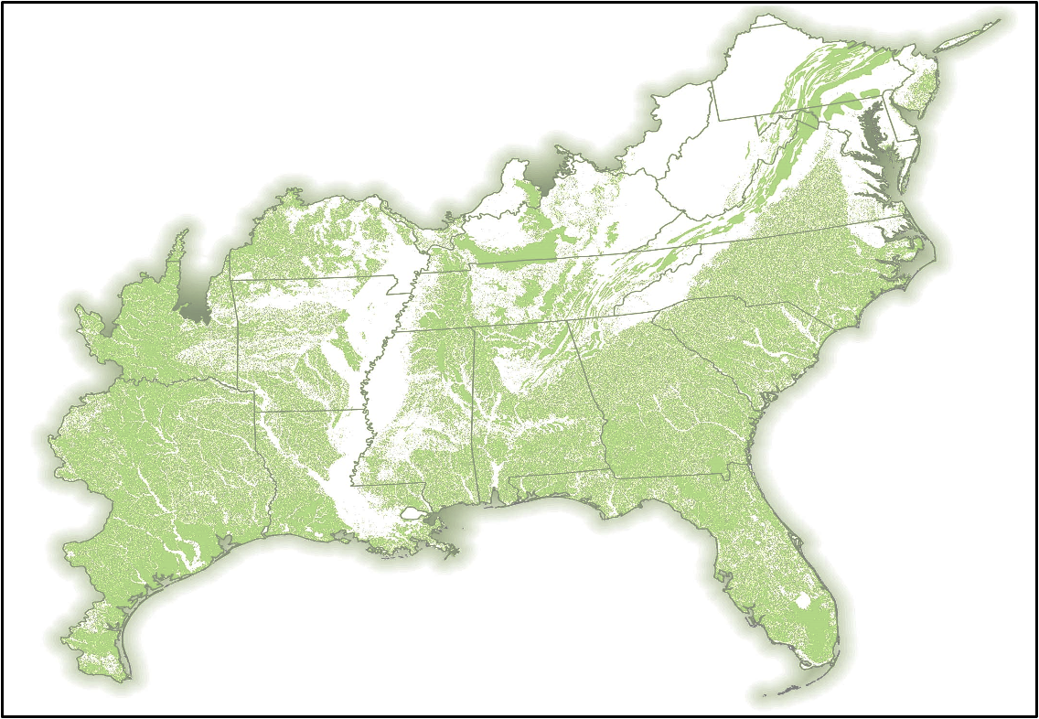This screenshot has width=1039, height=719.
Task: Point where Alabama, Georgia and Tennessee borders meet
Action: pyautogui.click(x=572, y=321)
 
